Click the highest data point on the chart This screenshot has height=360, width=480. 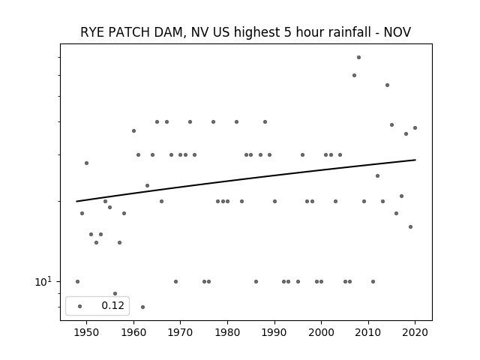tap(358, 57)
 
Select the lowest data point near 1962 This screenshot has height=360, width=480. tap(142, 307)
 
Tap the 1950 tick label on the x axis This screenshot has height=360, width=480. tap(87, 332)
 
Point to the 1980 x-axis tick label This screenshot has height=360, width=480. tap(227, 332)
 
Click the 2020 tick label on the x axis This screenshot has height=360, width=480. tap(415, 332)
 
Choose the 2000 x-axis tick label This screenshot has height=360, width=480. tap(321, 332)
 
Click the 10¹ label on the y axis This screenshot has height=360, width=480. tap(43, 282)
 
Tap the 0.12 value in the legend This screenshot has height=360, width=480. tap(112, 305)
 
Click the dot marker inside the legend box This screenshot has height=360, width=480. tap(80, 306)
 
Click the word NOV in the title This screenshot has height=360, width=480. tap(397, 32)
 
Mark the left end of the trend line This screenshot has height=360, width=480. tap(76, 201)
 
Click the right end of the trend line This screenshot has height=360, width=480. tap(415, 160)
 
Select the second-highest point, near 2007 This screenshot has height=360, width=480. tap(354, 75)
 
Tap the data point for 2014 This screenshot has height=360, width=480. tap(387, 85)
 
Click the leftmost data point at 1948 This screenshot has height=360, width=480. tap(77, 282)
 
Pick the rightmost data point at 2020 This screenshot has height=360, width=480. tap(415, 128)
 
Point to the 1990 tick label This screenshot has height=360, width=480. tap(274, 332)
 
